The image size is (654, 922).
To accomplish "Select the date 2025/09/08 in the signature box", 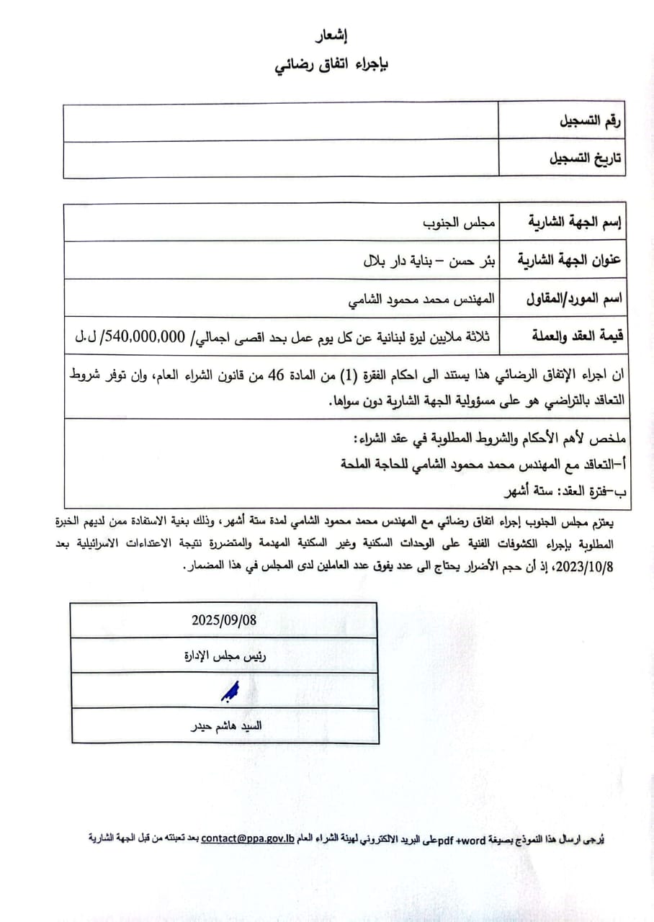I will [224, 619].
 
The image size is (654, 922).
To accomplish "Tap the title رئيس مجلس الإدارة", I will [224, 655].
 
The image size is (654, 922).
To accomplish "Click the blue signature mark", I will [229, 692].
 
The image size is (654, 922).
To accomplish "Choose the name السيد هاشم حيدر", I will [224, 726].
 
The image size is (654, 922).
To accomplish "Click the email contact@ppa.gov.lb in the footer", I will [248, 838].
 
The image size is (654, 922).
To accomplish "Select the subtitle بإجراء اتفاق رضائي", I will [332, 66].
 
